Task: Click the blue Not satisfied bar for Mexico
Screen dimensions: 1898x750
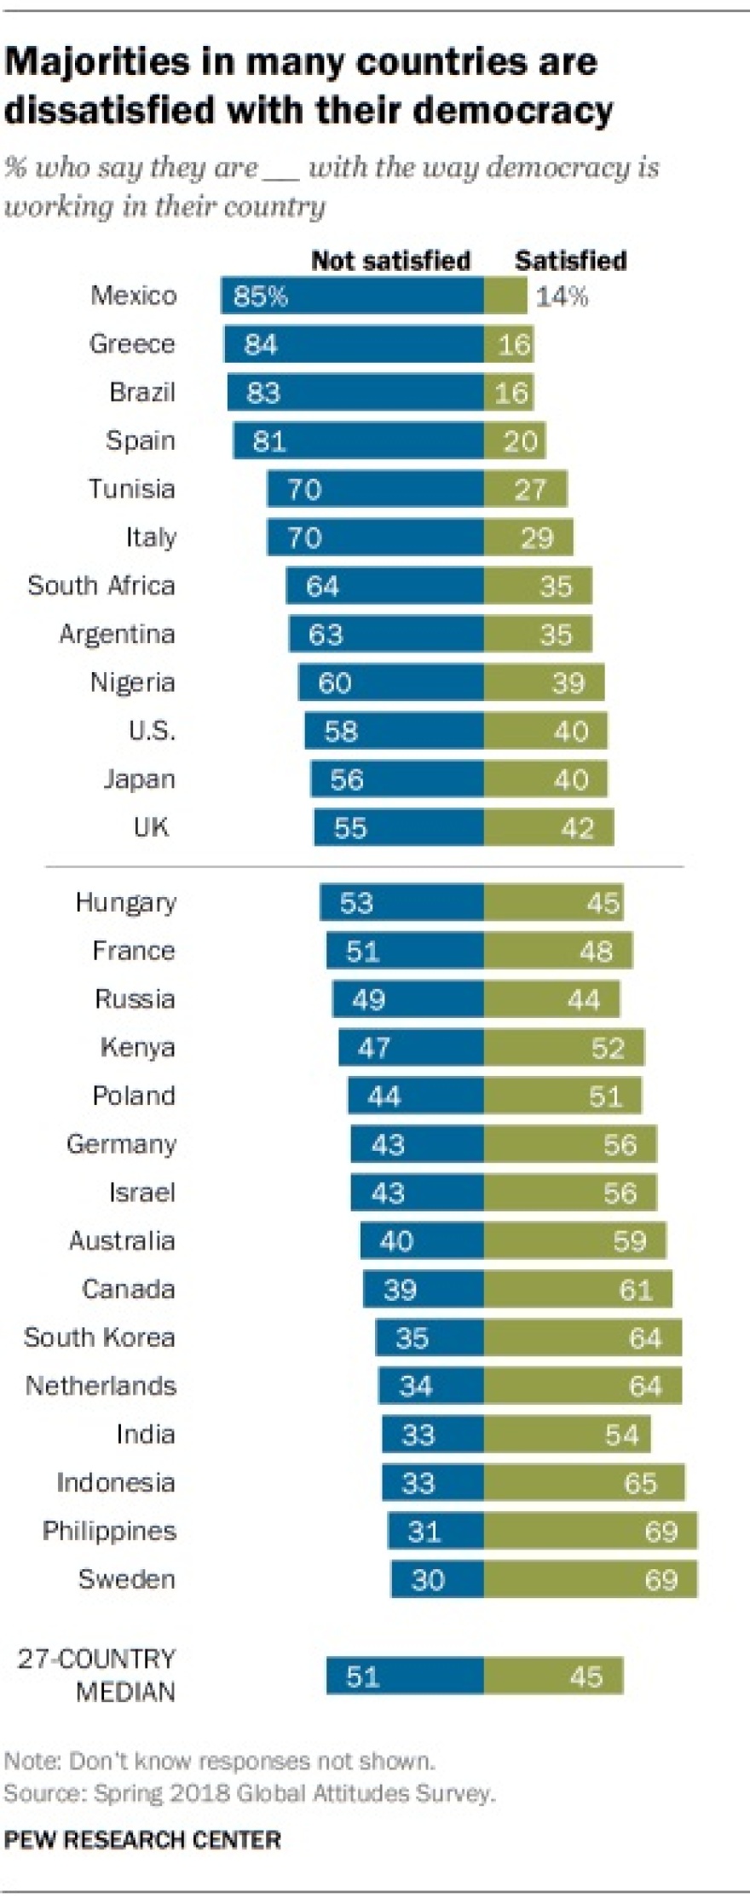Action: (352, 296)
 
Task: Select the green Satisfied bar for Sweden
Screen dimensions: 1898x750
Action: (590, 1579)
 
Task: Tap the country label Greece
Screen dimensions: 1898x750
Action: (132, 344)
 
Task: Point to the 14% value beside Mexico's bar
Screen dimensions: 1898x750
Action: (562, 296)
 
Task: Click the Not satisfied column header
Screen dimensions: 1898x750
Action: (390, 261)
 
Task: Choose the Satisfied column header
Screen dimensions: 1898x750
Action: (570, 261)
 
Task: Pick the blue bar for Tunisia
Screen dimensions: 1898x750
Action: (375, 489)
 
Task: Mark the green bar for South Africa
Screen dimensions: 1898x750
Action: (537, 586)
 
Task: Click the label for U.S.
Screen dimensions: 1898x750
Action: (152, 731)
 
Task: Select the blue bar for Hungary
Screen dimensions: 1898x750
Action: (401, 902)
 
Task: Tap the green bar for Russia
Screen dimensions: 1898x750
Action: (551, 999)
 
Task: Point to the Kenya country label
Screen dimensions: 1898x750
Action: (137, 1047)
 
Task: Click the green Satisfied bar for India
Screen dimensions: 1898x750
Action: (567, 1435)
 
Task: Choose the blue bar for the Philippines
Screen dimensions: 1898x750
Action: (436, 1532)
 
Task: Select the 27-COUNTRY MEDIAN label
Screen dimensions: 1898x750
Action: (96, 1675)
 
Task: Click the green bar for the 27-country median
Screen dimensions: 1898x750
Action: (553, 1677)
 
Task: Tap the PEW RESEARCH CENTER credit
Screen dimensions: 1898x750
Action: (142, 1840)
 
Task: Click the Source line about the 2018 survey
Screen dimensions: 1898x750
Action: (249, 1793)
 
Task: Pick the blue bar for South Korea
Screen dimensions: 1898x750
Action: (430, 1337)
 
